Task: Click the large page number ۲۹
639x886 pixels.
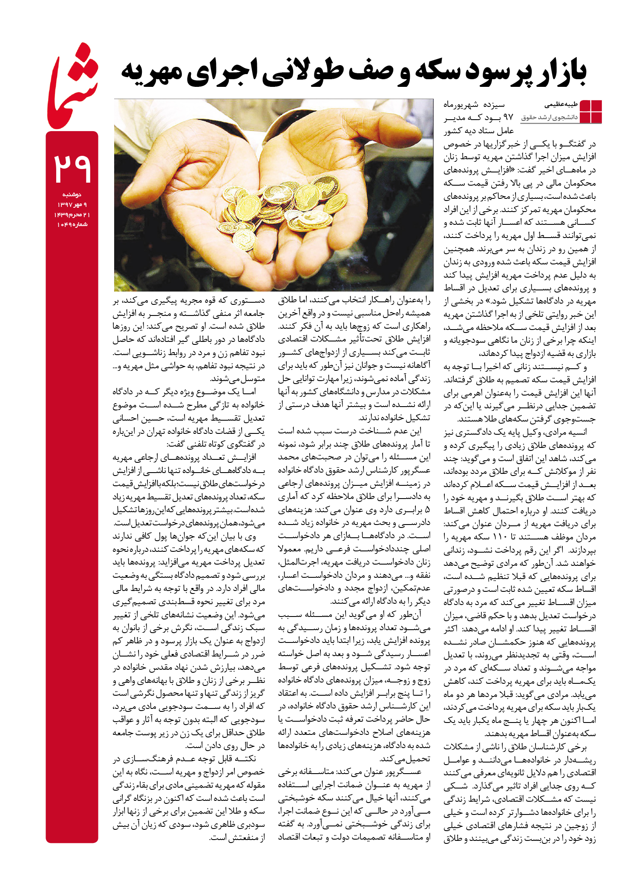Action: click(72, 169)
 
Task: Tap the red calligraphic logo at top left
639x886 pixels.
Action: click(72, 87)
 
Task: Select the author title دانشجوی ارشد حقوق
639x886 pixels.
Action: click(550, 117)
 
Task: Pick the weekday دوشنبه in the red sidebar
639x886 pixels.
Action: click(72, 195)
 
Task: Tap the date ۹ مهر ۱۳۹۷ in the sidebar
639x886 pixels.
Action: click(72, 205)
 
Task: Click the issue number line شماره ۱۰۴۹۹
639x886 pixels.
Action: click(72, 224)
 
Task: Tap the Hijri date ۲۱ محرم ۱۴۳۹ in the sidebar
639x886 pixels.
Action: click(72, 215)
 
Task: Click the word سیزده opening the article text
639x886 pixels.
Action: click(493, 104)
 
